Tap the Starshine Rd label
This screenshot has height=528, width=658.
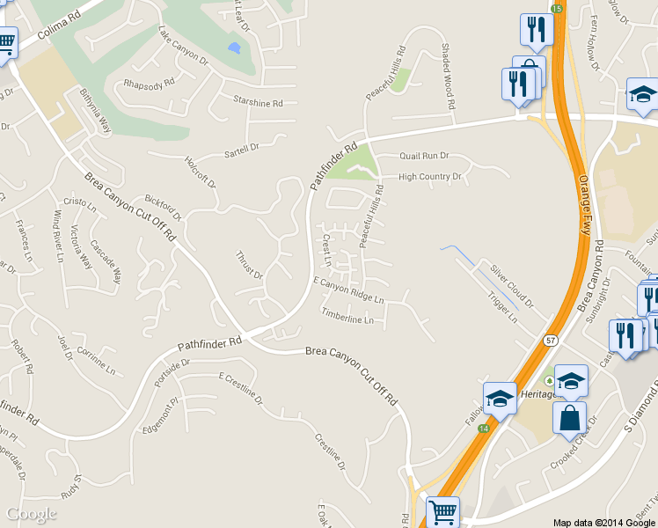coord(258,103)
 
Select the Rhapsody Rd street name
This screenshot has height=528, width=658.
coord(149,85)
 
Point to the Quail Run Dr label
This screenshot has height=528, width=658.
coord(424,156)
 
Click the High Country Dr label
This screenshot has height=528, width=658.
coord(430,177)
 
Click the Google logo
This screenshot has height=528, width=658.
coord(32,514)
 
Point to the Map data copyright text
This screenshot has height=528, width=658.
coord(604,522)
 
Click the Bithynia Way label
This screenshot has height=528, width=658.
coord(95,110)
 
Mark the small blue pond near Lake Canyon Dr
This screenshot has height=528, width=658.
coord(233,48)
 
